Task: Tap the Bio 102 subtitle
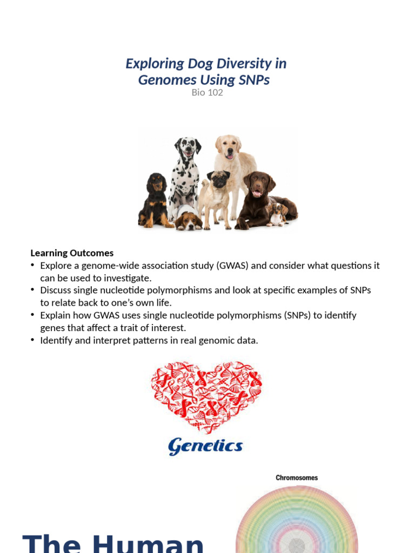(x=207, y=92)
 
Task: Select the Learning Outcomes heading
(x=72, y=253)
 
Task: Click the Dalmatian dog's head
(x=188, y=147)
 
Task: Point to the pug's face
(x=219, y=179)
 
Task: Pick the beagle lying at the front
(x=188, y=220)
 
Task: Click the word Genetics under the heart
(x=205, y=446)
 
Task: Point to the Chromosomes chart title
(x=297, y=477)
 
